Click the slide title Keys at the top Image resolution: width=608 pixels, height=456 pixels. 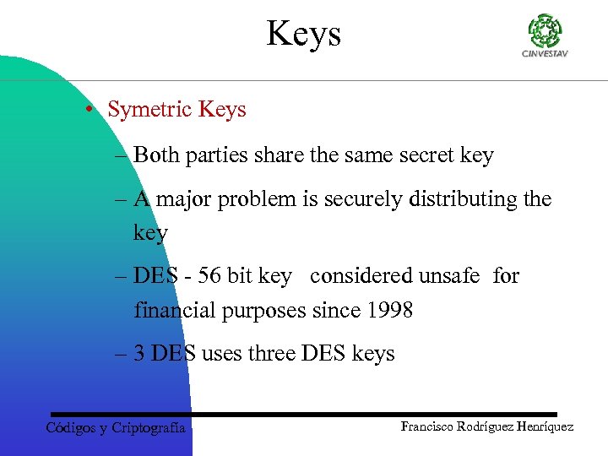pos(304,34)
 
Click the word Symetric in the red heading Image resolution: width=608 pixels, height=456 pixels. pos(150,110)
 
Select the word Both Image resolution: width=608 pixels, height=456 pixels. pos(152,155)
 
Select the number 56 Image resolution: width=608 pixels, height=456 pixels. pos(209,276)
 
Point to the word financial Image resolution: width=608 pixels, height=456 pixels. pos(174,310)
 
